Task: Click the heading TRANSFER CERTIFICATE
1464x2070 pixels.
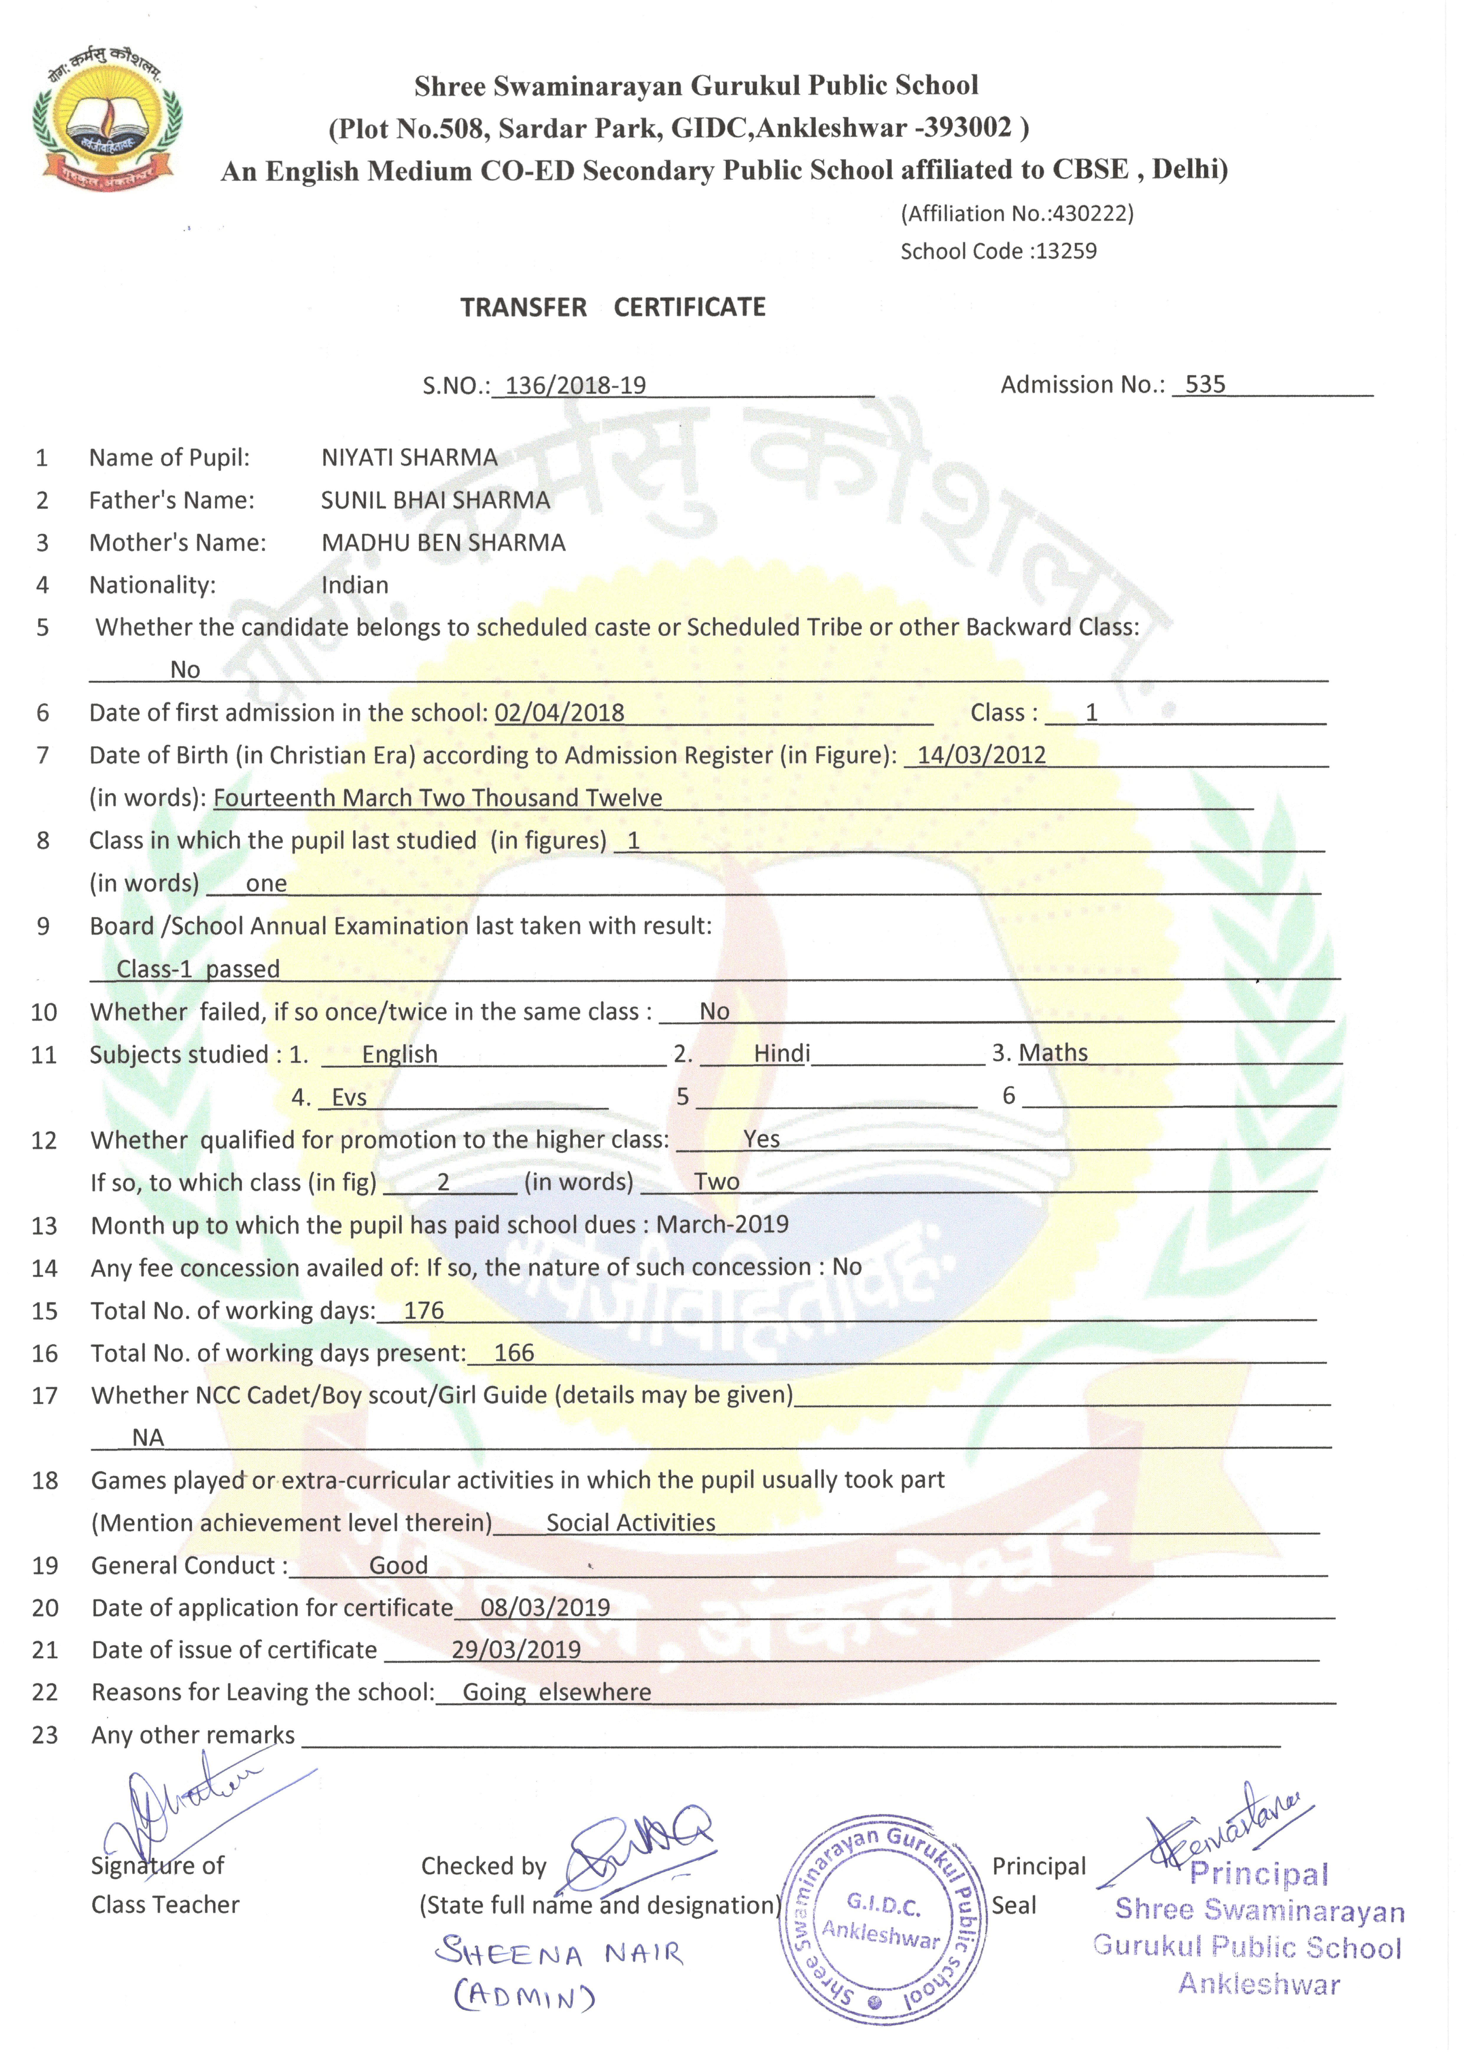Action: coord(613,308)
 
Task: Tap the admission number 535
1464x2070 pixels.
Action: coord(1205,385)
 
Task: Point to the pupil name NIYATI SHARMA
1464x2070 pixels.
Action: coord(409,458)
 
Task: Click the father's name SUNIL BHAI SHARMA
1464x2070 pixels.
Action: coord(435,500)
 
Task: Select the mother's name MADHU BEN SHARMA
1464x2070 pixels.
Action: coord(443,543)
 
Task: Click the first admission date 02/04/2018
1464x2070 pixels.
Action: coord(559,713)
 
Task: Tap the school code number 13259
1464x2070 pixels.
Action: coord(1067,251)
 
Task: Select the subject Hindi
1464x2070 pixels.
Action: coord(782,1054)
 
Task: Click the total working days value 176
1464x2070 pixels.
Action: coord(424,1311)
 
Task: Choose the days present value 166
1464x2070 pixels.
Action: coord(514,1353)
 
